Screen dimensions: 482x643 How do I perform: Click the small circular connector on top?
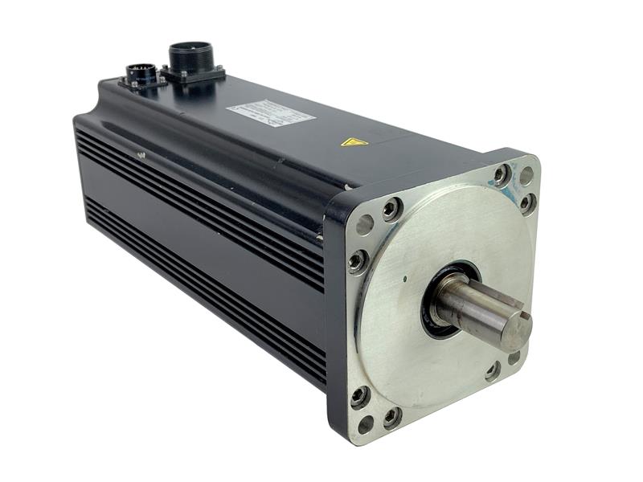(142, 74)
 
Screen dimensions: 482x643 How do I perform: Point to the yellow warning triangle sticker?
(354, 142)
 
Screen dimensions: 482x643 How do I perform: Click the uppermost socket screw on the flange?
(502, 173)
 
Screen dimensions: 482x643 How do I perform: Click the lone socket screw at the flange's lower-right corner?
(493, 371)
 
